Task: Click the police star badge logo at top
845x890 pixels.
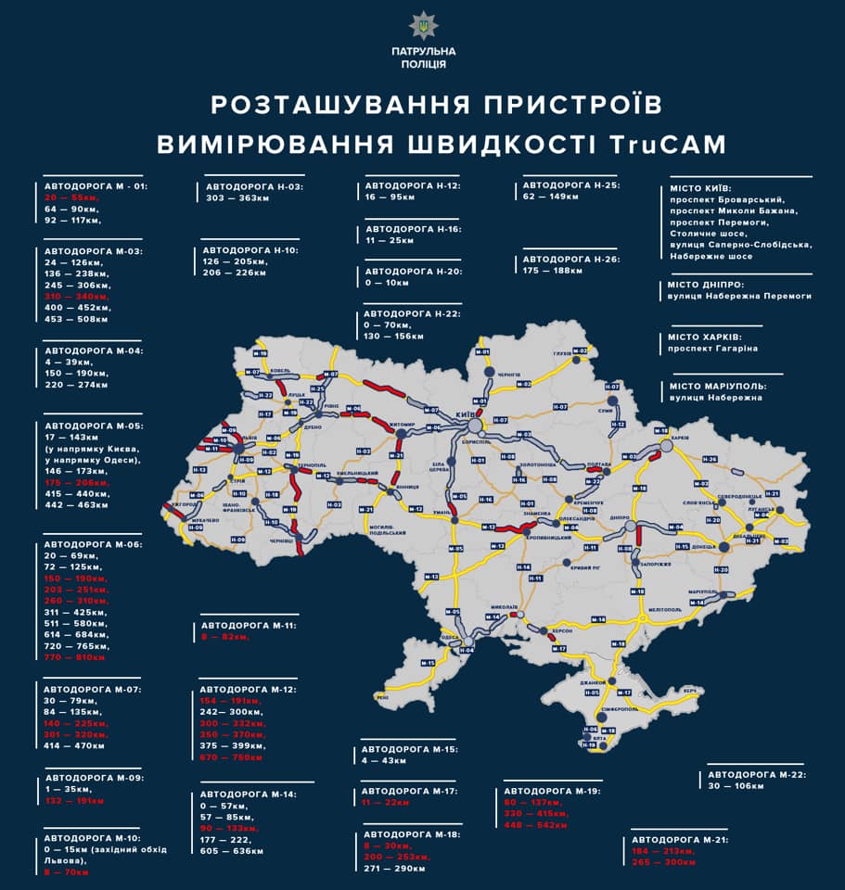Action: [422, 25]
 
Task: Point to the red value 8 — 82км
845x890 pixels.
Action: [225, 637]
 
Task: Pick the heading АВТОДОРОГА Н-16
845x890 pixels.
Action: [413, 229]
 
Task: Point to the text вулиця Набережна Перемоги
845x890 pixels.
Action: [739, 296]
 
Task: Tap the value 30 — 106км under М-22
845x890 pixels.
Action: [736, 786]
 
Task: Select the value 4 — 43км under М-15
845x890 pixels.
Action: [384, 760]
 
